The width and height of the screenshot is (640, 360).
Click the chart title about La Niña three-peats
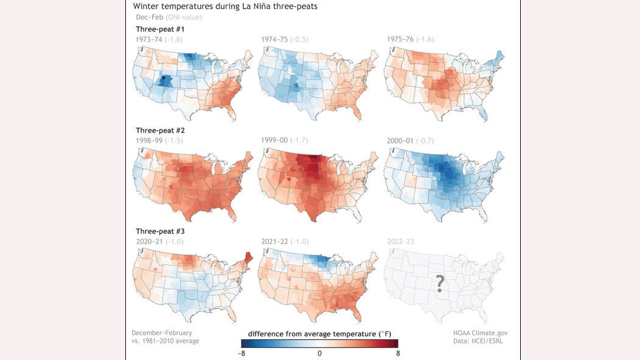coord(225,6)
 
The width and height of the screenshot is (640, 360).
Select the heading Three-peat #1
coord(160,29)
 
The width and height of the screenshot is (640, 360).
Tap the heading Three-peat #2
coord(160,130)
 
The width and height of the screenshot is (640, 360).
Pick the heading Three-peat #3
coord(160,231)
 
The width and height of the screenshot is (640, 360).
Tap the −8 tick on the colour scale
coord(243,353)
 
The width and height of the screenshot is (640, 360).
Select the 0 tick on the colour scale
coord(319,353)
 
